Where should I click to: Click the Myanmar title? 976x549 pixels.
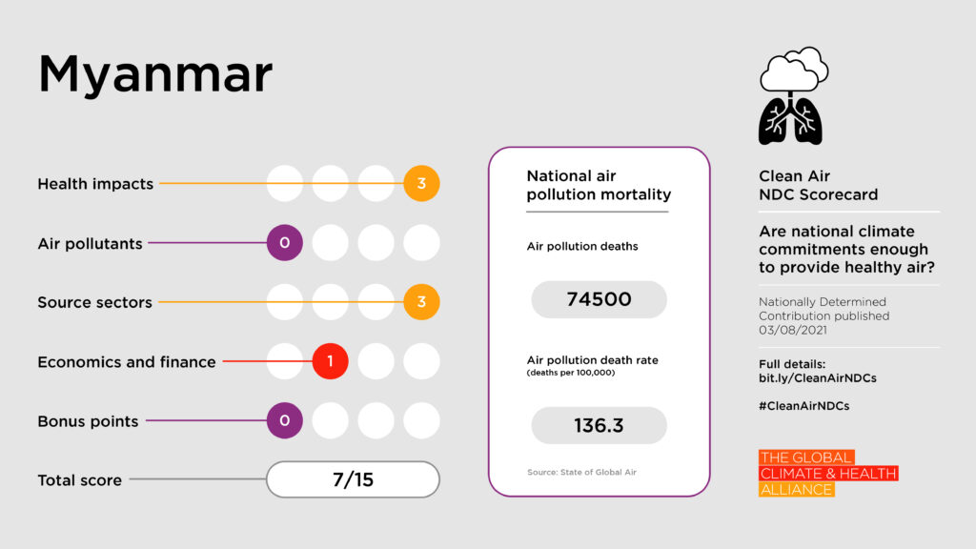click(x=155, y=74)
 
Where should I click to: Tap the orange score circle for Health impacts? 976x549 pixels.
click(x=421, y=184)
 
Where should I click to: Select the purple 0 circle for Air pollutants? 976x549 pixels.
click(x=284, y=243)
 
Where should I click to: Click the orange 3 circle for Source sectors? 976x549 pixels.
click(x=421, y=302)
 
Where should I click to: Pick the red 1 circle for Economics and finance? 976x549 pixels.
click(x=330, y=362)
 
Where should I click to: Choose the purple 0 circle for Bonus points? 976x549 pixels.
click(x=284, y=421)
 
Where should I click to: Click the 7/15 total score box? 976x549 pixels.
click(x=353, y=479)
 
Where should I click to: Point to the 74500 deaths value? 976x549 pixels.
click(x=599, y=299)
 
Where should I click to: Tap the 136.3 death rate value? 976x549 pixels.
click(x=599, y=425)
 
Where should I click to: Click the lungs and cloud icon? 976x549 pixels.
click(x=792, y=96)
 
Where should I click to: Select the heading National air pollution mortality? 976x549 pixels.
click(x=599, y=186)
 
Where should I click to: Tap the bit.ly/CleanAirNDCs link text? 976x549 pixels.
click(x=817, y=378)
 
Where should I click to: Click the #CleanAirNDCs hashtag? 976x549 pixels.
click(x=803, y=405)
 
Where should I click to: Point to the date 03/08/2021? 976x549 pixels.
click(x=793, y=330)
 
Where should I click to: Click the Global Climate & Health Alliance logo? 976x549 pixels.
click(x=827, y=474)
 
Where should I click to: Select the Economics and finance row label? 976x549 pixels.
click(x=127, y=362)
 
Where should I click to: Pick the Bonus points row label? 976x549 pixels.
click(x=88, y=421)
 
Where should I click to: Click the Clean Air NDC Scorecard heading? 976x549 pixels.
click(x=818, y=185)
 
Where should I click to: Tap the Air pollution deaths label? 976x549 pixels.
click(x=582, y=247)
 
